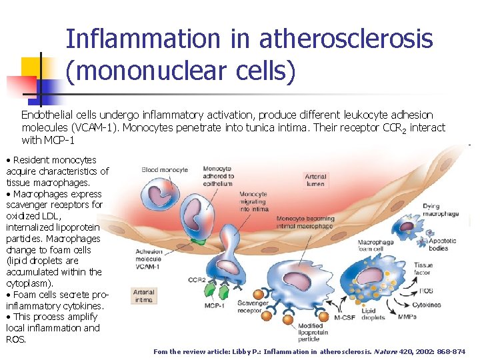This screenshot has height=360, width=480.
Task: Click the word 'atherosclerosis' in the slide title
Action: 345,40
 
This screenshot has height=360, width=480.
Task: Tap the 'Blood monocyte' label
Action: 165,170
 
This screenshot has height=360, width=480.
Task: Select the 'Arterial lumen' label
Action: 315,180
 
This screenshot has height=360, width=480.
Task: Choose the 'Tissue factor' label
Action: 423,269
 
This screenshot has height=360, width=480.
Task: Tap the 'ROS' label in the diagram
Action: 425,291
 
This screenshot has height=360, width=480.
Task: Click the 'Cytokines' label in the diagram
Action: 427,305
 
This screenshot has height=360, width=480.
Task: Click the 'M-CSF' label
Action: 345,317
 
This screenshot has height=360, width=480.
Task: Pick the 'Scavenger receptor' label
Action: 252,307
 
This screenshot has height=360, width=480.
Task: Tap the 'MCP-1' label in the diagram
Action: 213,305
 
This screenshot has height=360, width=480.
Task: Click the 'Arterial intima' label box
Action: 143,295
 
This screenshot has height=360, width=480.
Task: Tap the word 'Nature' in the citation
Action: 385,351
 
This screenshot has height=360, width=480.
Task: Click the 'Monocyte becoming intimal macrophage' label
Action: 304,222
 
